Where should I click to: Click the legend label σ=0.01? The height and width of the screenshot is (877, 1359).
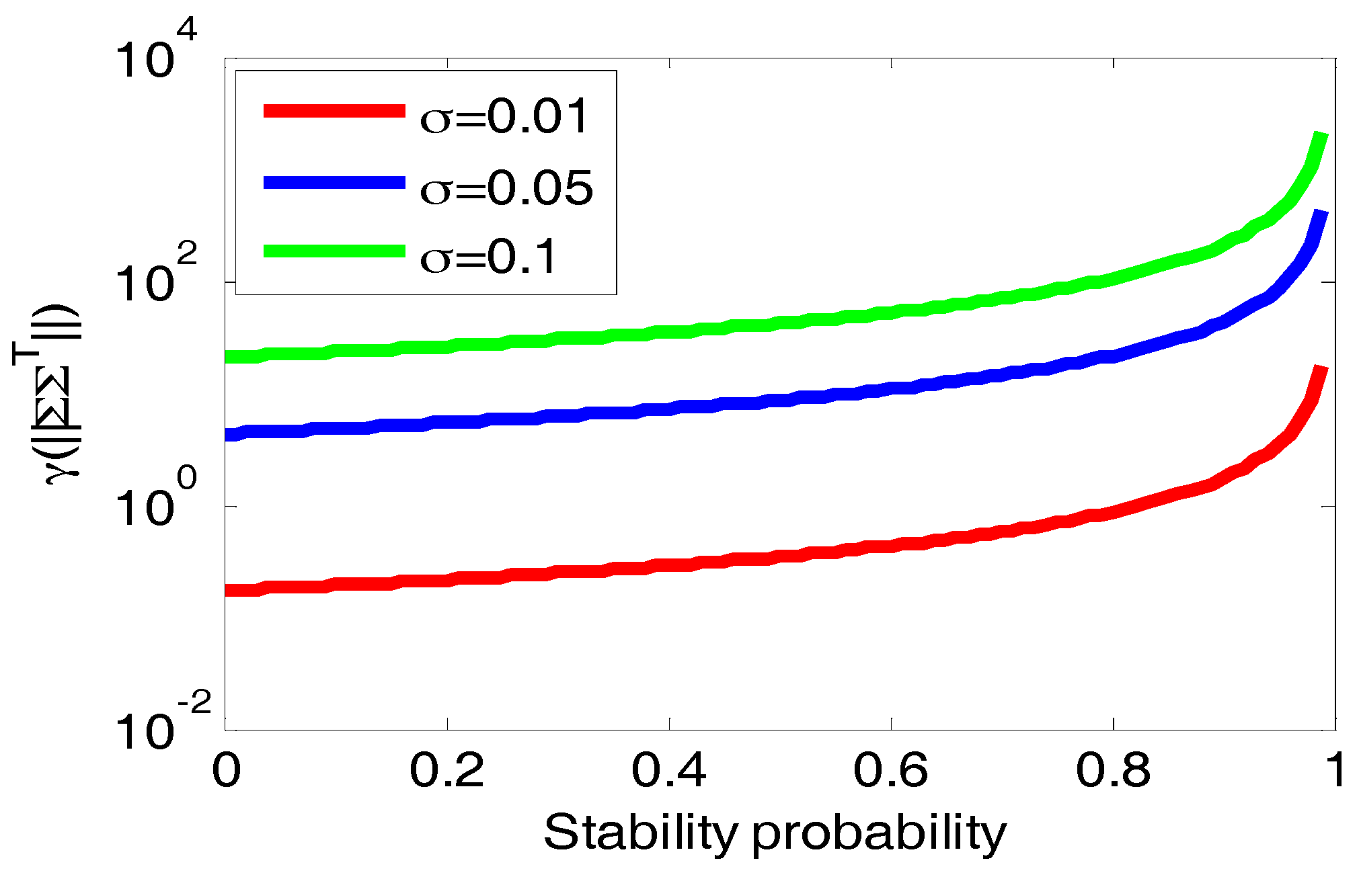(x=504, y=116)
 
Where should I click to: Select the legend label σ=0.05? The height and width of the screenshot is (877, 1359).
(x=506, y=187)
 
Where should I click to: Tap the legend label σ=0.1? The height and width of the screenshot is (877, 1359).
(x=489, y=257)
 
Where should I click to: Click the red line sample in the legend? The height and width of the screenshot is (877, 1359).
(x=334, y=111)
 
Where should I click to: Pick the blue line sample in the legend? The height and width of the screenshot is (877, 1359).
(x=334, y=182)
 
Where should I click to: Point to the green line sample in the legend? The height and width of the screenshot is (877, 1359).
(x=334, y=251)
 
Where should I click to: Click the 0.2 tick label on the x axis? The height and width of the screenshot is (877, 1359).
(x=446, y=770)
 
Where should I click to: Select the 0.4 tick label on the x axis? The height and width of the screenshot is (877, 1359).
(x=668, y=770)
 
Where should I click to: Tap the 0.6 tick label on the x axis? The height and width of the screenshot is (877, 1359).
(x=890, y=770)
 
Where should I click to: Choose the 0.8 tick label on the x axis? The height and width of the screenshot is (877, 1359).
(x=1113, y=770)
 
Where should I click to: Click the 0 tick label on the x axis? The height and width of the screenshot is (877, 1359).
(x=226, y=770)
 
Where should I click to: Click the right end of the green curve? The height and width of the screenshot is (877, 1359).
(x=1321, y=136)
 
